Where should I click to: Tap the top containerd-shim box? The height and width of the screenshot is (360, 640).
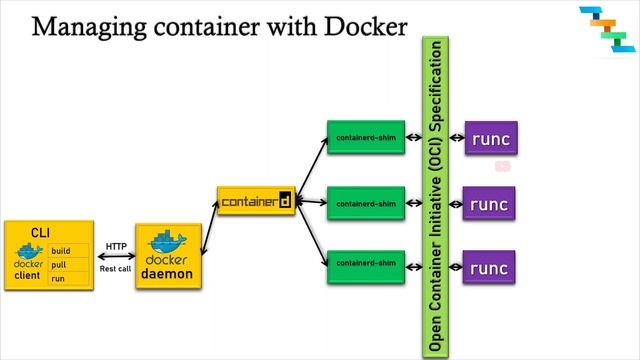click(366, 137)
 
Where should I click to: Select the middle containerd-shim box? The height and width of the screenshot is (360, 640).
click(366, 203)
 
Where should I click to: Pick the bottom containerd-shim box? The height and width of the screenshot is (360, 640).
click(366, 263)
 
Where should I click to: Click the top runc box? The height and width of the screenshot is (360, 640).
click(490, 138)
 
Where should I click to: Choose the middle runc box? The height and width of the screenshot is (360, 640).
click(490, 204)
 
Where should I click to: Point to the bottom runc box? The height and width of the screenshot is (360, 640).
click(490, 267)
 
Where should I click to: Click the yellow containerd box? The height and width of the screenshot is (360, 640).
click(257, 201)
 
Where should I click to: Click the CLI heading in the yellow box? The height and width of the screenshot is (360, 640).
click(40, 232)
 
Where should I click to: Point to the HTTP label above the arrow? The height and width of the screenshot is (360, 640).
click(116, 246)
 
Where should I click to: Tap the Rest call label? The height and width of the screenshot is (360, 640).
click(116, 269)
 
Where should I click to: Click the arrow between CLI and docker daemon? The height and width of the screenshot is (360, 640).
click(117, 257)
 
